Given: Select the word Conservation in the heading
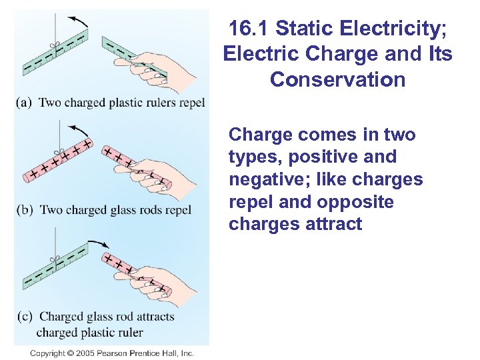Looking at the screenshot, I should tap(337, 80).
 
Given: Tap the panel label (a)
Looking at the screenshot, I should tap(25, 103).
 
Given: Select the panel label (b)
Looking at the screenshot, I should tap(25, 210).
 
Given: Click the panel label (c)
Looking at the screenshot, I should tap(25, 317).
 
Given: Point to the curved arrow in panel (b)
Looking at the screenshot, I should tap(79, 128).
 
